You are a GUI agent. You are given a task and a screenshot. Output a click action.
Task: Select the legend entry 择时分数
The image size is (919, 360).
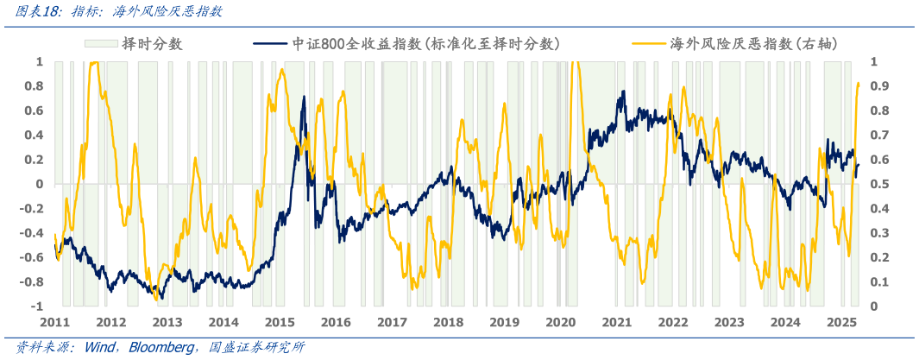(x=152, y=43)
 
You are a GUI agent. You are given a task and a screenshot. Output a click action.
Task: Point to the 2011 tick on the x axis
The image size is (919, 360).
(x=54, y=322)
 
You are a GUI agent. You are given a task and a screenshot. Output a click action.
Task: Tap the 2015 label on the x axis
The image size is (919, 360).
(x=280, y=322)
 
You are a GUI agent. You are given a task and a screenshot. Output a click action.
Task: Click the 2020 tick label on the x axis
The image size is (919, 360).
(x=560, y=322)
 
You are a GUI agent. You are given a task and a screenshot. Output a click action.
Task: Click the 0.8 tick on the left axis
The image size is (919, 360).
(x=35, y=86)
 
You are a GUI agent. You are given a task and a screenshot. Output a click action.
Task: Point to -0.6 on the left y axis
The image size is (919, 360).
(x=33, y=257)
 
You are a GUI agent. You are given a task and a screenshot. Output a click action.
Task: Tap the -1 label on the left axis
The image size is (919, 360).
(x=38, y=306)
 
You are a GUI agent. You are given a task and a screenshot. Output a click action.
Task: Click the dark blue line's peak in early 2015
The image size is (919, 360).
(x=304, y=96)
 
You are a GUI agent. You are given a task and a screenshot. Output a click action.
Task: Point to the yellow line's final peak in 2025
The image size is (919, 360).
(x=858, y=83)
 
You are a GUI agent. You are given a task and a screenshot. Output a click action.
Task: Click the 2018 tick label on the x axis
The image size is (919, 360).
(x=448, y=322)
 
